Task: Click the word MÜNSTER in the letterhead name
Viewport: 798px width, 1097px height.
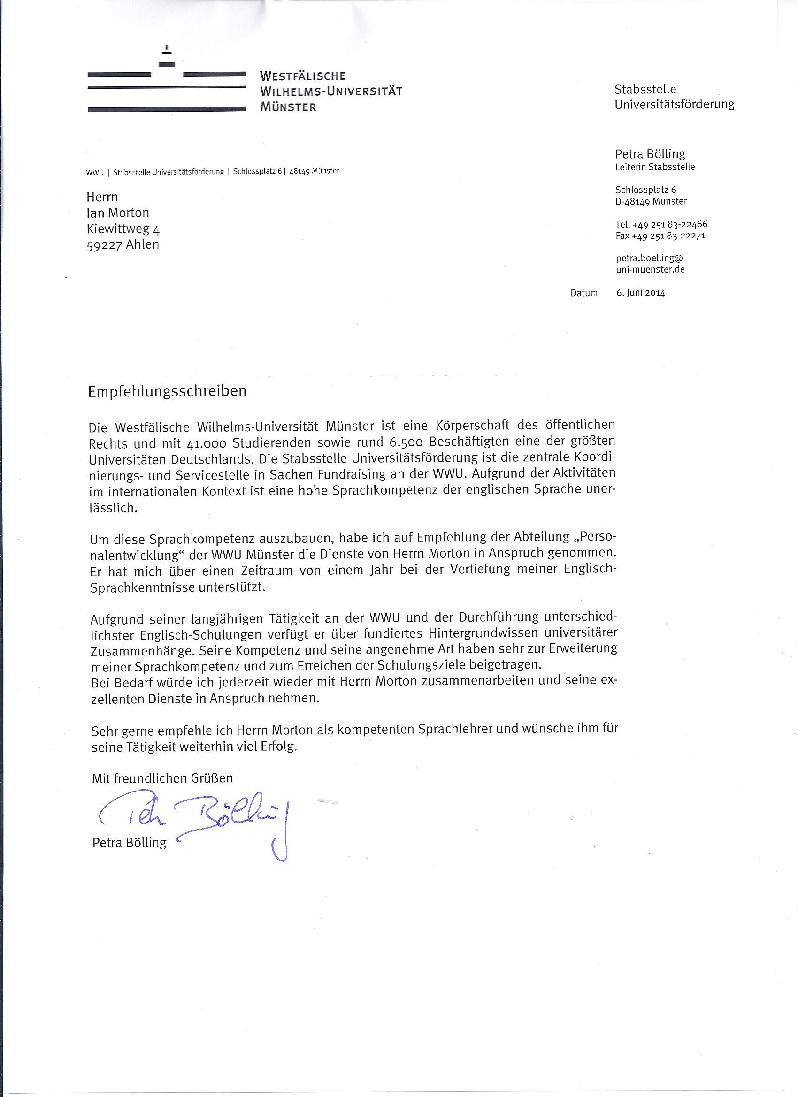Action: click(288, 107)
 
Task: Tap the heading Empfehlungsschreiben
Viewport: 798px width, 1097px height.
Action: click(167, 391)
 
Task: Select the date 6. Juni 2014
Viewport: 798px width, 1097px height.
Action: click(640, 293)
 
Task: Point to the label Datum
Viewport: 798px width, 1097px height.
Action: click(583, 293)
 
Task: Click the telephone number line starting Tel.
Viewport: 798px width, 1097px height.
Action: click(661, 224)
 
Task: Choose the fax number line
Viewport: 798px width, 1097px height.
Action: click(660, 236)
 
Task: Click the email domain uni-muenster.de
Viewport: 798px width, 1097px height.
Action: click(650, 269)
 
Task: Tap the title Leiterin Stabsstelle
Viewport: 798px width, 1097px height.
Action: click(655, 167)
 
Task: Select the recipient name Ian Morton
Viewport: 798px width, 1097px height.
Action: click(118, 213)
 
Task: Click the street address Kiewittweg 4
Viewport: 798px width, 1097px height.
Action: click(123, 229)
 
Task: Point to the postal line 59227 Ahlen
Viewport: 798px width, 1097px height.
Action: click(123, 245)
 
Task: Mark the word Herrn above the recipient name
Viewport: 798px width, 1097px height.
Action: click(102, 197)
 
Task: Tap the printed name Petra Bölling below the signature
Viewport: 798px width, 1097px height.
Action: click(129, 843)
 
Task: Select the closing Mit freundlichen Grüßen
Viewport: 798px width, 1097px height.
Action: click(162, 778)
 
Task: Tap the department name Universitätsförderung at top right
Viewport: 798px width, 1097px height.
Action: click(674, 105)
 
